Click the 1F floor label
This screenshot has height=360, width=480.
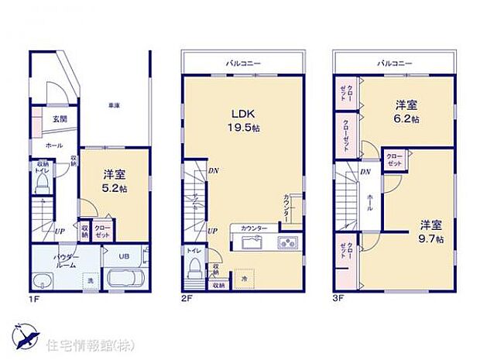(x=35, y=297)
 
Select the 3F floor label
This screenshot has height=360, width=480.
(x=338, y=297)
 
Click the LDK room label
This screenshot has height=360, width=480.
(x=236, y=111)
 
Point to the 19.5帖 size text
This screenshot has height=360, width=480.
(x=239, y=126)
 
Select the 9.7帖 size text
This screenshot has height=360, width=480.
(x=432, y=239)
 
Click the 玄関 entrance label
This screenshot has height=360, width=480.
(x=60, y=118)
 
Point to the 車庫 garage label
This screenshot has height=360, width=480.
(x=114, y=105)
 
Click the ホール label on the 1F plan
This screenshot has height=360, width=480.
(x=53, y=145)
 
